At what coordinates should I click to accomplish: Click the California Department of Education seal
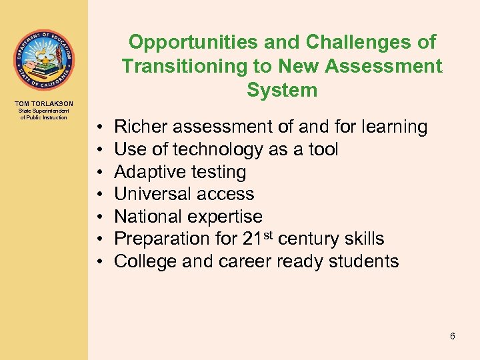(x=44, y=59)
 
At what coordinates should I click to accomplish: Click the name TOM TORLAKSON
(x=44, y=103)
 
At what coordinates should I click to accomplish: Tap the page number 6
(x=453, y=336)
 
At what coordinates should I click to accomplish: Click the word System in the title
(x=281, y=89)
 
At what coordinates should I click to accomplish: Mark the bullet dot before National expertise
(x=98, y=217)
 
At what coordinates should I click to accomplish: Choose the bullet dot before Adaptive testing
(x=98, y=172)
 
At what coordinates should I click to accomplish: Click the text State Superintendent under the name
(x=44, y=111)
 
